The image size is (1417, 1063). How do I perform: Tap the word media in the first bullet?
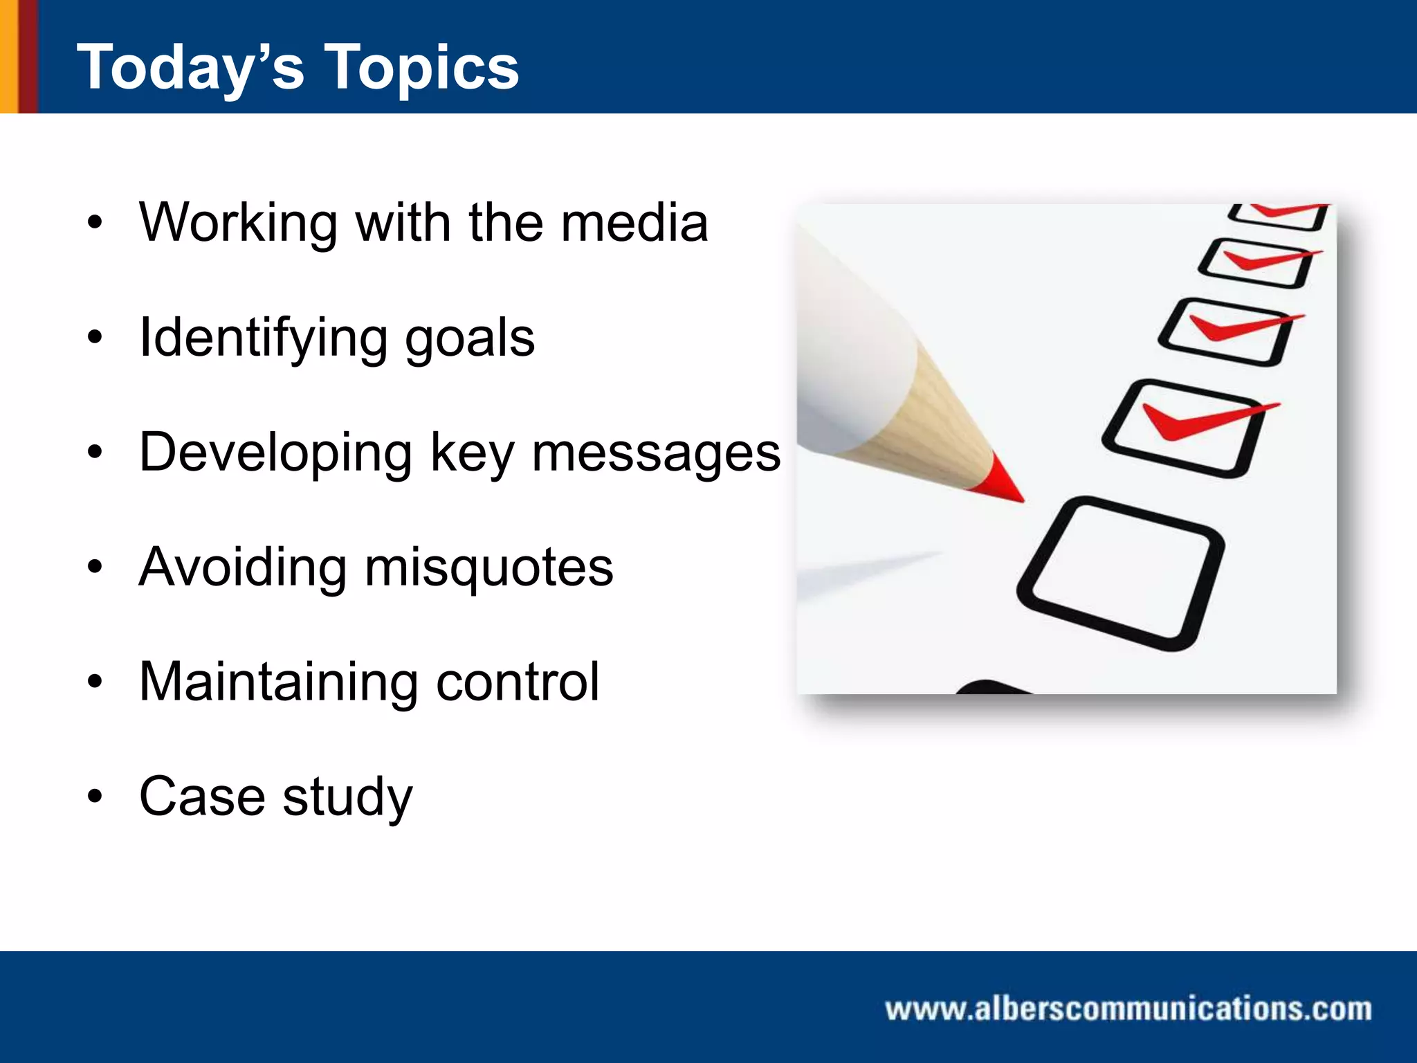pyautogui.click(x=634, y=223)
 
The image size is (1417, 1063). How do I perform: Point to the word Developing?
pyautogui.click(x=275, y=453)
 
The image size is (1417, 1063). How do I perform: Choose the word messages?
pyautogui.click(x=656, y=453)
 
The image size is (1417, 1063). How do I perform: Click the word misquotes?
pyautogui.click(x=488, y=567)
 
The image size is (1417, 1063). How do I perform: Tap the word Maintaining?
pyautogui.click(x=278, y=682)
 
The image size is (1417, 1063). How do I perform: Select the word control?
pyautogui.click(x=518, y=682)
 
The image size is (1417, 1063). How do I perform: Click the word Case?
pyautogui.click(x=202, y=797)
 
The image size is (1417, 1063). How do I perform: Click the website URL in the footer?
pyautogui.click(x=1128, y=1009)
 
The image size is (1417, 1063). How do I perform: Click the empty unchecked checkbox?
pyautogui.click(x=1121, y=573)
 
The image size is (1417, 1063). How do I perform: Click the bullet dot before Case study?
pyautogui.click(x=95, y=797)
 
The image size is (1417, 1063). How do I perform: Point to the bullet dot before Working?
pyautogui.click(x=95, y=223)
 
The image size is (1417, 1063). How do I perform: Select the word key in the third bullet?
pyautogui.click(x=473, y=453)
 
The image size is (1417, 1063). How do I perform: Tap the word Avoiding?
pyautogui.click(x=242, y=567)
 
